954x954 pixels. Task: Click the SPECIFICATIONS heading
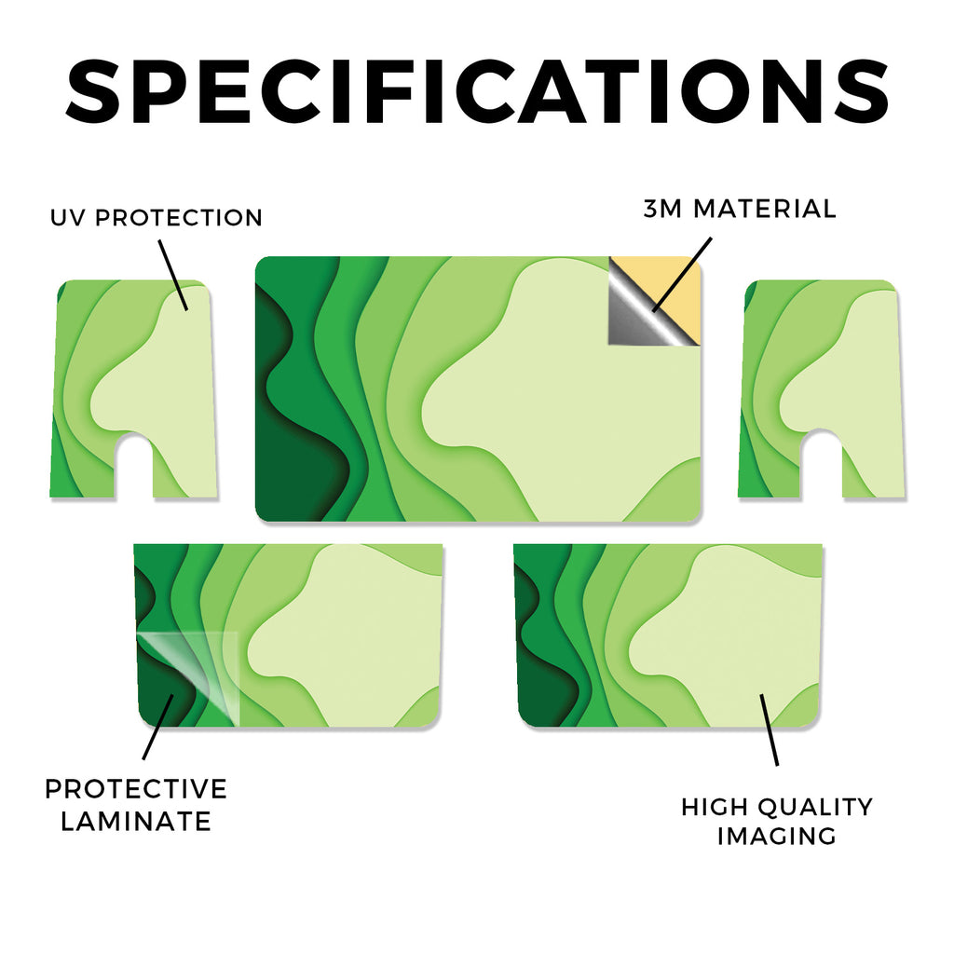tap(477, 91)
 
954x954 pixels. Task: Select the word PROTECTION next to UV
tap(179, 217)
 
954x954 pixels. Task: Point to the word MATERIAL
tap(765, 209)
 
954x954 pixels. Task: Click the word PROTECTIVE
tap(136, 789)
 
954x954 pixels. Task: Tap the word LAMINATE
tap(136, 822)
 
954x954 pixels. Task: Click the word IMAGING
tap(777, 836)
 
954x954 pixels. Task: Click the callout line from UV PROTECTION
tap(173, 275)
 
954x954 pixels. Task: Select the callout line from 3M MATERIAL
tap(681, 275)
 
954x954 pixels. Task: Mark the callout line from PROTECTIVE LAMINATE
tap(158, 727)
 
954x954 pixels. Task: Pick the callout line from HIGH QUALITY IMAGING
tap(769, 729)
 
